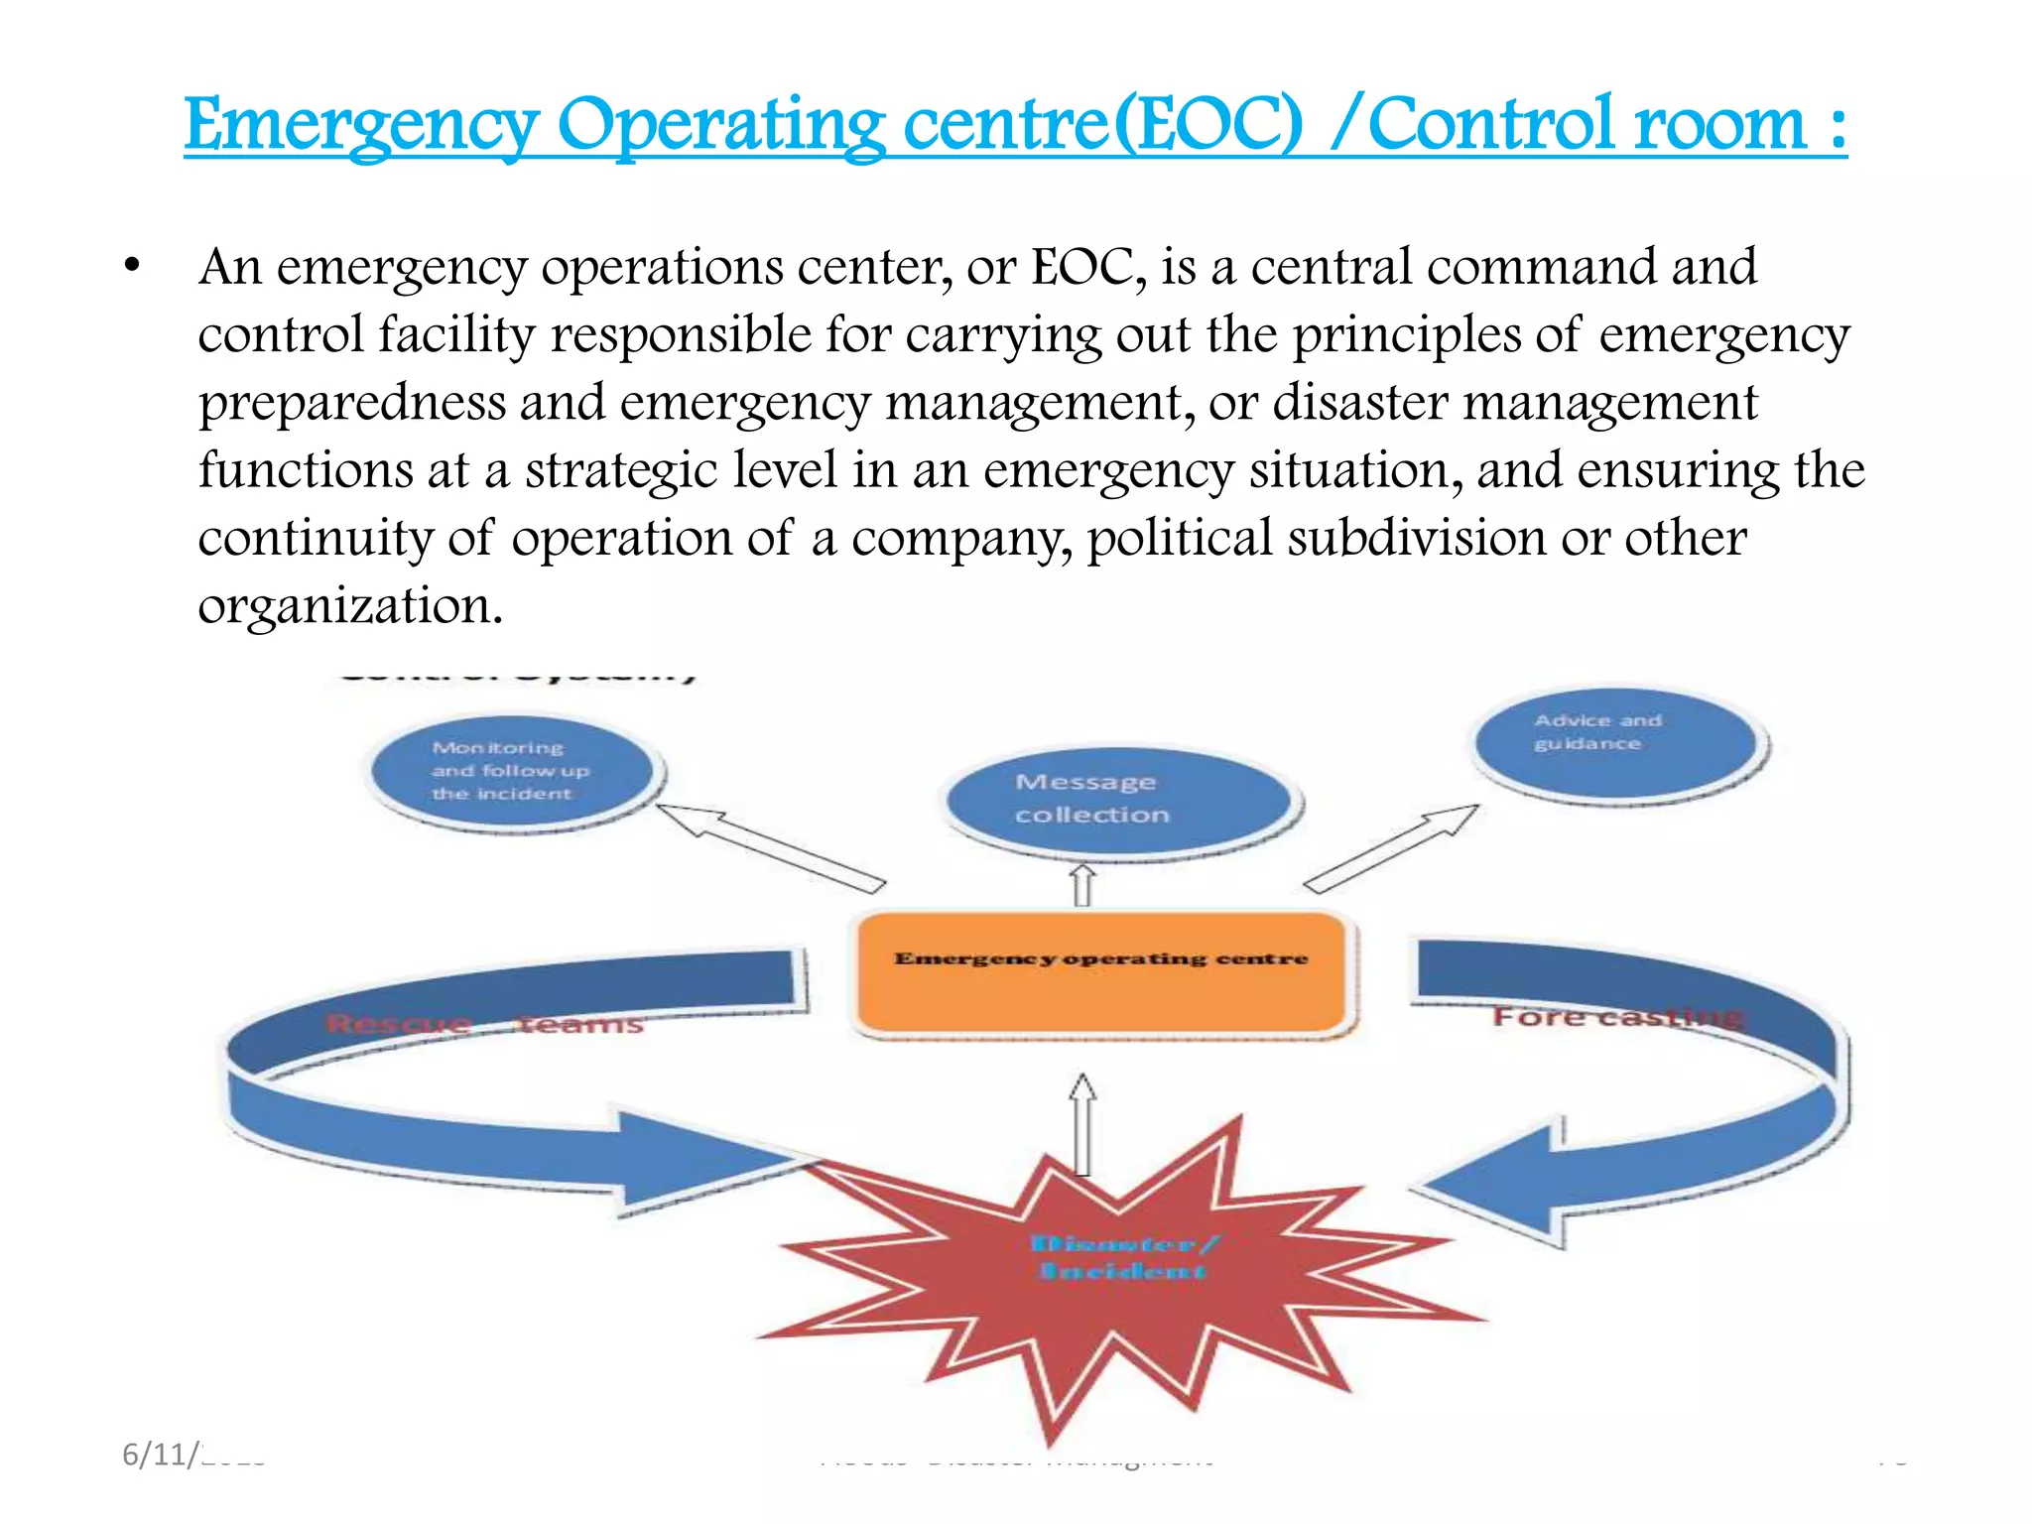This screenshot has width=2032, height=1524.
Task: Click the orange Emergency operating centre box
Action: (1101, 974)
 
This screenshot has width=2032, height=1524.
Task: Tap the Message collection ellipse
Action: (1121, 800)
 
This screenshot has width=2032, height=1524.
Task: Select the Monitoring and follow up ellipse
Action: (514, 772)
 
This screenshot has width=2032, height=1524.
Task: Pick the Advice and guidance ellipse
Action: (1617, 744)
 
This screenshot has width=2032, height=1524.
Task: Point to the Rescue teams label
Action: (484, 1023)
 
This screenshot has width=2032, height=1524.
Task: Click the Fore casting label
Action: (1617, 1017)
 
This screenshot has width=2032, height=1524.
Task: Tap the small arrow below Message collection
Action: (1082, 885)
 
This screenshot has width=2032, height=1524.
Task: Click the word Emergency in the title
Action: (361, 126)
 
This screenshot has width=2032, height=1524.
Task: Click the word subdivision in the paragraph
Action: (1417, 538)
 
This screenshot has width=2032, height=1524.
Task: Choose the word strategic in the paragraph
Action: (620, 470)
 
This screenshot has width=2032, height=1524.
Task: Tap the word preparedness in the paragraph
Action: (351, 403)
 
